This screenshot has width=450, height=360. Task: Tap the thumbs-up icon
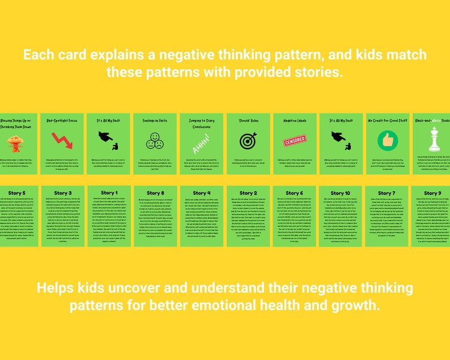(388, 139)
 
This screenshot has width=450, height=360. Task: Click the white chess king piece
(434, 139)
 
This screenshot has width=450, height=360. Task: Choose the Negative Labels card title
(294, 121)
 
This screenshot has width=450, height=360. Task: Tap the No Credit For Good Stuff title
(388, 121)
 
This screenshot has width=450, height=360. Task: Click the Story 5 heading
(15, 193)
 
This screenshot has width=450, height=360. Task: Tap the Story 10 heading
(340, 193)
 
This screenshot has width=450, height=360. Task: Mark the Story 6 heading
(294, 193)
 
